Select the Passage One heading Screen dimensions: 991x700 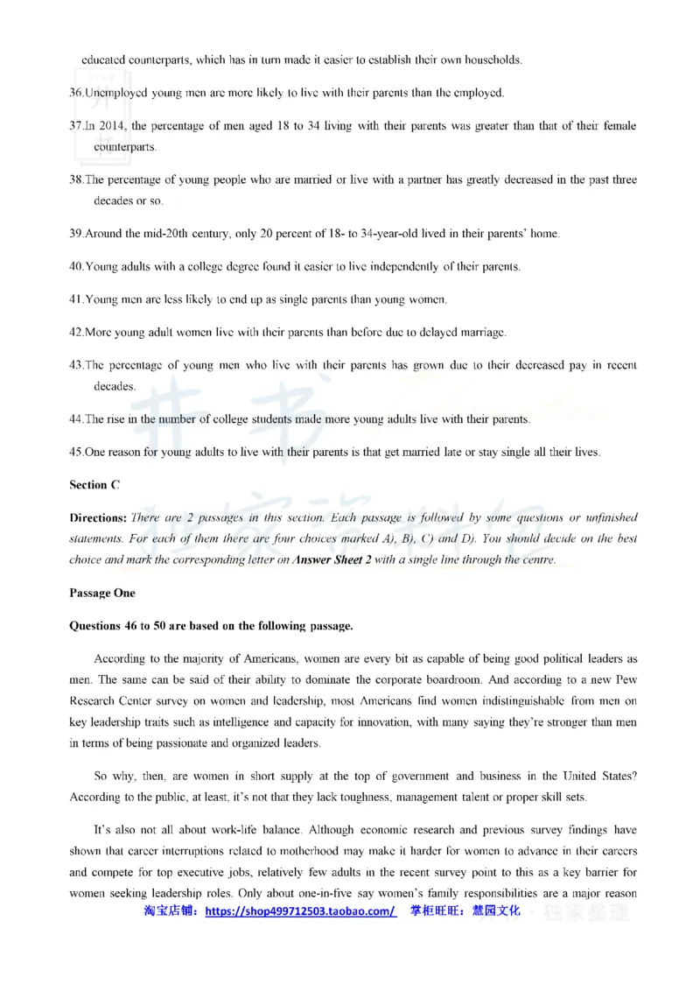102,594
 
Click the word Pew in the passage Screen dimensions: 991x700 626,677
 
